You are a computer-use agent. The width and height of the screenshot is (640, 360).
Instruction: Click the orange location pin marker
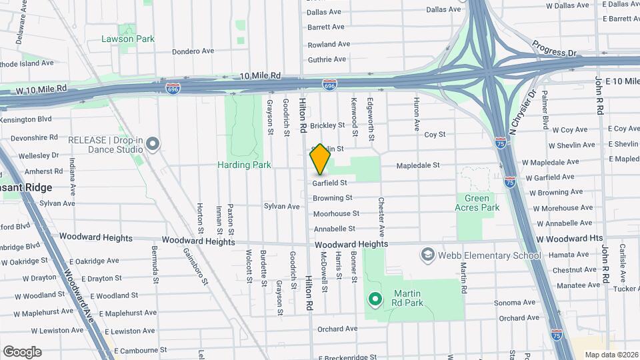coord(321,159)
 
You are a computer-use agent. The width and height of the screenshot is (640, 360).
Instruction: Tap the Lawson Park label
coord(128,39)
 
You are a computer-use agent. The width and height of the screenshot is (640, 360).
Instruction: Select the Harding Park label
coord(243,165)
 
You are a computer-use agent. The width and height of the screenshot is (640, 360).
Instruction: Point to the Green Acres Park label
coord(477,203)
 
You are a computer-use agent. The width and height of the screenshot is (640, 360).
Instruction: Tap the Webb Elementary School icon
coord(427,255)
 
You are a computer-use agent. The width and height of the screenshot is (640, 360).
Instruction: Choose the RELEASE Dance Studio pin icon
coord(153,144)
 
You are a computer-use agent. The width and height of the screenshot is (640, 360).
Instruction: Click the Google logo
coord(22,352)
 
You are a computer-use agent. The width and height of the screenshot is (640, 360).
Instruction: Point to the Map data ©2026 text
coord(611,354)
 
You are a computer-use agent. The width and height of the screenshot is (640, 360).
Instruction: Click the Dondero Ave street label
coord(193,51)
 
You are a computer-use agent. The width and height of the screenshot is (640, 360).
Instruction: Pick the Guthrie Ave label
coord(327,59)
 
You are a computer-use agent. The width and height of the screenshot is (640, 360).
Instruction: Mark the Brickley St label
coord(327,125)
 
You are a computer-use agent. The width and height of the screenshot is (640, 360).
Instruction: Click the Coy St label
coord(435,134)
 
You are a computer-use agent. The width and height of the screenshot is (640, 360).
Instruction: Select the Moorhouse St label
coord(336,213)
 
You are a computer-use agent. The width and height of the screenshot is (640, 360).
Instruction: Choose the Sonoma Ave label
coord(516,302)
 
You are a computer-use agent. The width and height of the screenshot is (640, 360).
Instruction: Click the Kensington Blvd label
coord(26,119)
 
